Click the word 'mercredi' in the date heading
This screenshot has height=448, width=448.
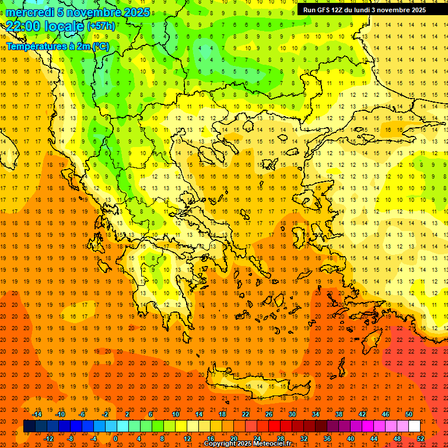tap(30, 12)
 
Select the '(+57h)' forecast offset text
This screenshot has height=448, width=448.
tap(101, 26)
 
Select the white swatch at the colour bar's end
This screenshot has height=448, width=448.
tap(414, 426)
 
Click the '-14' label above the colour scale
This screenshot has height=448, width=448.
tap(37, 414)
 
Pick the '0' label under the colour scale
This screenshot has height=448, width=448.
tap(116, 439)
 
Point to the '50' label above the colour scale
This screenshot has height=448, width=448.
tap(409, 414)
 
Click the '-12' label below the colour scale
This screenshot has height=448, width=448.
tap(48, 439)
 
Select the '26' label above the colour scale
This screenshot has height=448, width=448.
tap(269, 414)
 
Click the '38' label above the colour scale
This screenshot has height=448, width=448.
tap(339, 414)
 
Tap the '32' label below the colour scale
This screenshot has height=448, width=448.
tap(304, 439)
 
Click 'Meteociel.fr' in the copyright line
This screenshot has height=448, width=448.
tap(272, 444)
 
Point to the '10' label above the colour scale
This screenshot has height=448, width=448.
tap(176, 414)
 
